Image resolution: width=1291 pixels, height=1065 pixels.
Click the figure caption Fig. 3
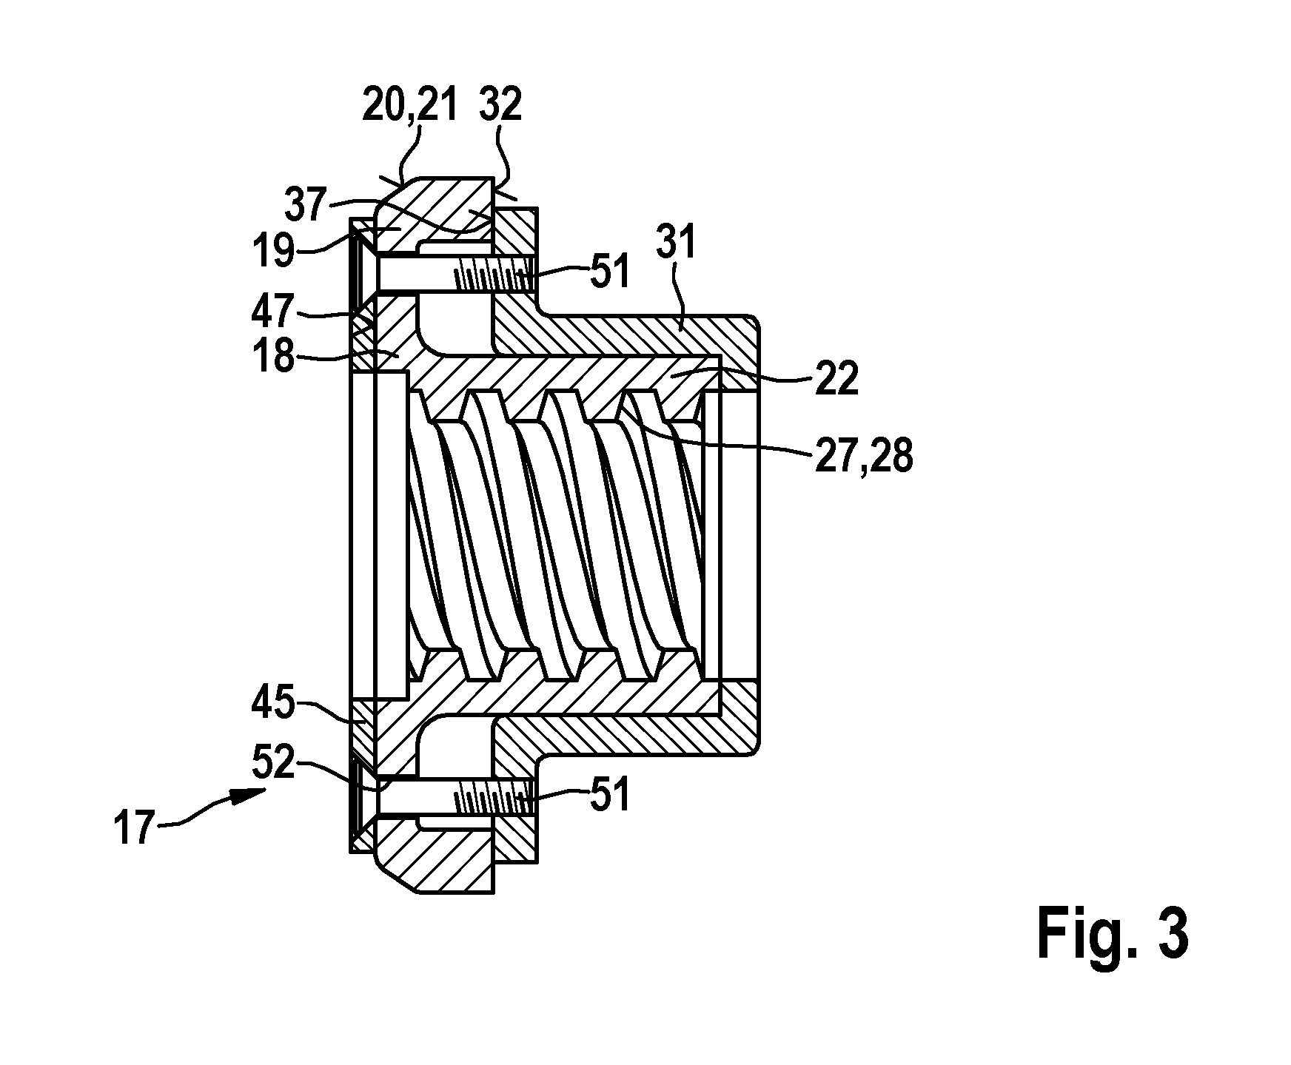1113,935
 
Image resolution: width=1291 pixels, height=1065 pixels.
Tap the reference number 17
135,827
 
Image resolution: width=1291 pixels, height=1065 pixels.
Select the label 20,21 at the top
409,106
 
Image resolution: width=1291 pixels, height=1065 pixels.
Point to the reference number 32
500,106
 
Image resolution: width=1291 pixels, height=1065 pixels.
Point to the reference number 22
836,379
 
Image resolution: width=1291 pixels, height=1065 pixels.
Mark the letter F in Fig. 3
1052,935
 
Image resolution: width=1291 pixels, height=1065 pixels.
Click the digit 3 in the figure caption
1173,935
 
